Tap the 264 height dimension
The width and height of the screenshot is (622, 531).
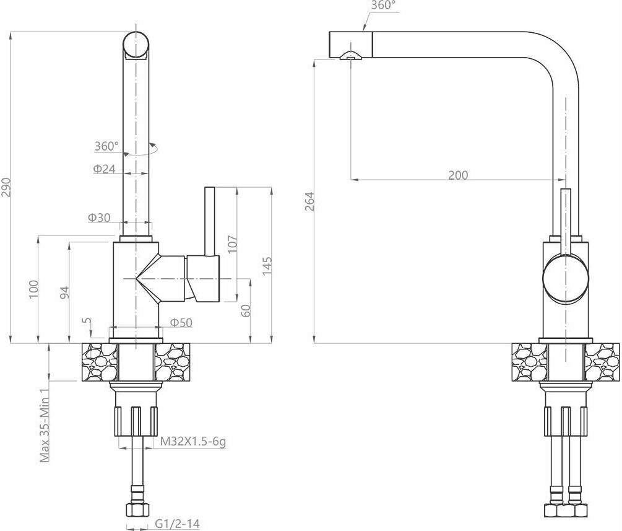[x=310, y=201]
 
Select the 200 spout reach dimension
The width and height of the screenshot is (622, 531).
[x=458, y=175]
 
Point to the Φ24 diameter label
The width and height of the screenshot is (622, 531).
[x=105, y=169]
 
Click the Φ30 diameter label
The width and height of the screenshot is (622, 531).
[x=99, y=217]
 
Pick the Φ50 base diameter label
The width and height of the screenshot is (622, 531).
[x=181, y=322]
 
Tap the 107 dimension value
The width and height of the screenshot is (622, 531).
[x=233, y=244]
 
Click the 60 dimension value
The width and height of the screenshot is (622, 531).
[x=246, y=310]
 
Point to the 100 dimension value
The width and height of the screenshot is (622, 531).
[x=34, y=289]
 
